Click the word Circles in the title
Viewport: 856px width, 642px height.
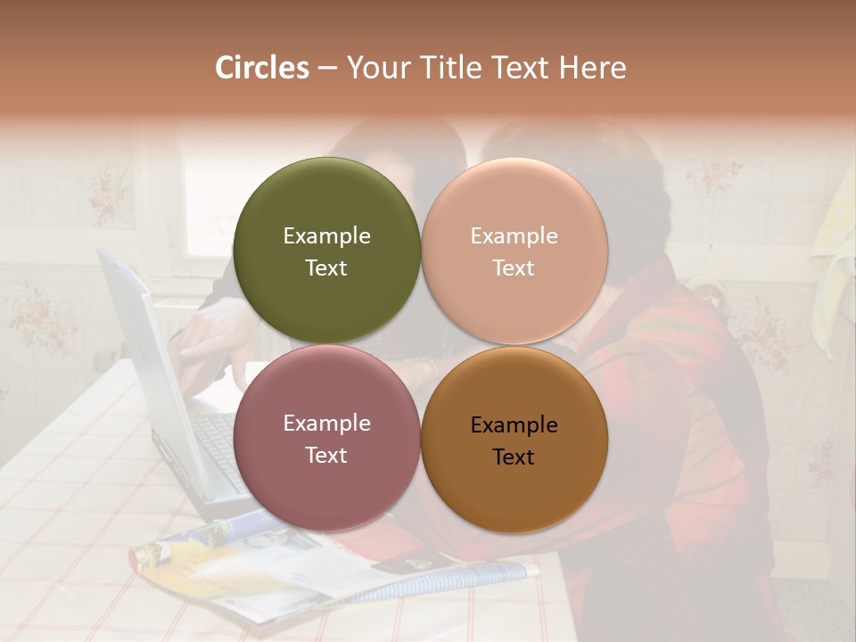261,68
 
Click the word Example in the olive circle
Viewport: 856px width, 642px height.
326,236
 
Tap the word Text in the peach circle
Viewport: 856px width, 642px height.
514,268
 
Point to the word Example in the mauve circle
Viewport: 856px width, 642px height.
326,424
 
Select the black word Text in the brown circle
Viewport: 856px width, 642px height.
514,457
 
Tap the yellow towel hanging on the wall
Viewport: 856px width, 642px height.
834,241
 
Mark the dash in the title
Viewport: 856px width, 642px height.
327,69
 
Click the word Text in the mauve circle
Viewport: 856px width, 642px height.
326,456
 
